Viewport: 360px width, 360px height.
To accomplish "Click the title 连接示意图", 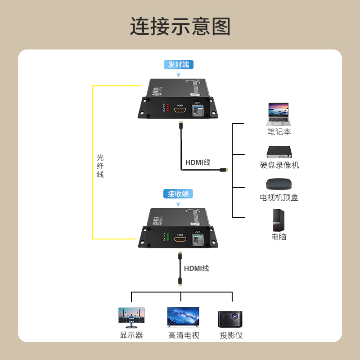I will tap(180, 27).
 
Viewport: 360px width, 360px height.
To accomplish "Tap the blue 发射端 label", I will tap(179, 64).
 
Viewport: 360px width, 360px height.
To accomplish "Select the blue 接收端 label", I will tap(178, 193).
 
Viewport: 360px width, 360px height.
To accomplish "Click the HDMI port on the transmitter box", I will tap(180, 110).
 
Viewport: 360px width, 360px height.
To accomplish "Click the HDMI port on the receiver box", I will tap(180, 239).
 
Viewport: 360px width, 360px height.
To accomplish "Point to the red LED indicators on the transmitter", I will tap(167, 108).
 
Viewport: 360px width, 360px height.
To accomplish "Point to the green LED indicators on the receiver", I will tap(167, 237).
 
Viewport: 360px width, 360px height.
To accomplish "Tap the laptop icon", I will tap(279, 114).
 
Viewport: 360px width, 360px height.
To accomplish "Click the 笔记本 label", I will tap(279, 132).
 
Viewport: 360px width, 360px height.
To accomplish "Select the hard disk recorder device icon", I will tap(279, 152).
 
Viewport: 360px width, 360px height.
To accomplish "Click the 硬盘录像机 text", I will tap(279, 165).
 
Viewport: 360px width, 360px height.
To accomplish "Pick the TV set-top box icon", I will tap(279, 184).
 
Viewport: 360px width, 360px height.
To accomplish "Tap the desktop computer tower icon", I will tap(279, 220).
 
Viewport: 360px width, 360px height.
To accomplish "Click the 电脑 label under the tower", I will tap(279, 237).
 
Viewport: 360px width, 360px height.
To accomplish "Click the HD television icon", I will tap(183, 317).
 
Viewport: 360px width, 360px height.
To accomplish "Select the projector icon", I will tap(230, 318).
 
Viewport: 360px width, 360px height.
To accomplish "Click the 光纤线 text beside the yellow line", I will tap(100, 166).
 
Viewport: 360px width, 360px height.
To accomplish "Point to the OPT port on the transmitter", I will tap(198, 110).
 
